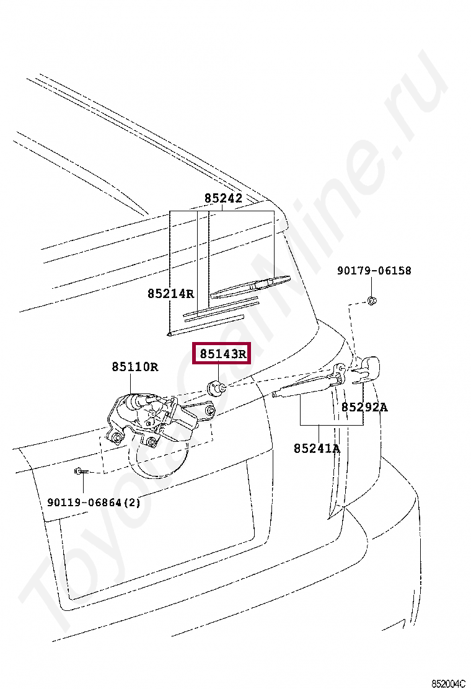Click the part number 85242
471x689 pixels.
pos(223,199)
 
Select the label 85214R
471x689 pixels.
pos(170,293)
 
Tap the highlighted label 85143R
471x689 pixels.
pos(222,354)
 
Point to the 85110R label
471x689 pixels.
pos(135,367)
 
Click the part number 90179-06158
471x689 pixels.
pos(374,271)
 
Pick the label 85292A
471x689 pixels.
pos(364,407)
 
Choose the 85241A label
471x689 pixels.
pos(317,448)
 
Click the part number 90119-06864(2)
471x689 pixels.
pos(94,502)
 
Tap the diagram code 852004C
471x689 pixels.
pos(448,683)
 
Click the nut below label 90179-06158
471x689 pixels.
pos(371,301)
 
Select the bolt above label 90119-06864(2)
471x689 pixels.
pos(81,472)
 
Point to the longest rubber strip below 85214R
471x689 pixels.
pos(205,326)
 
